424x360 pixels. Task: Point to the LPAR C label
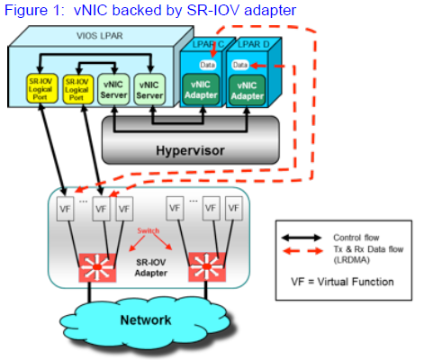pos(204,45)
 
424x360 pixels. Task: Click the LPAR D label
pos(254,45)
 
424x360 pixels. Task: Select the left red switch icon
pos(94,266)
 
